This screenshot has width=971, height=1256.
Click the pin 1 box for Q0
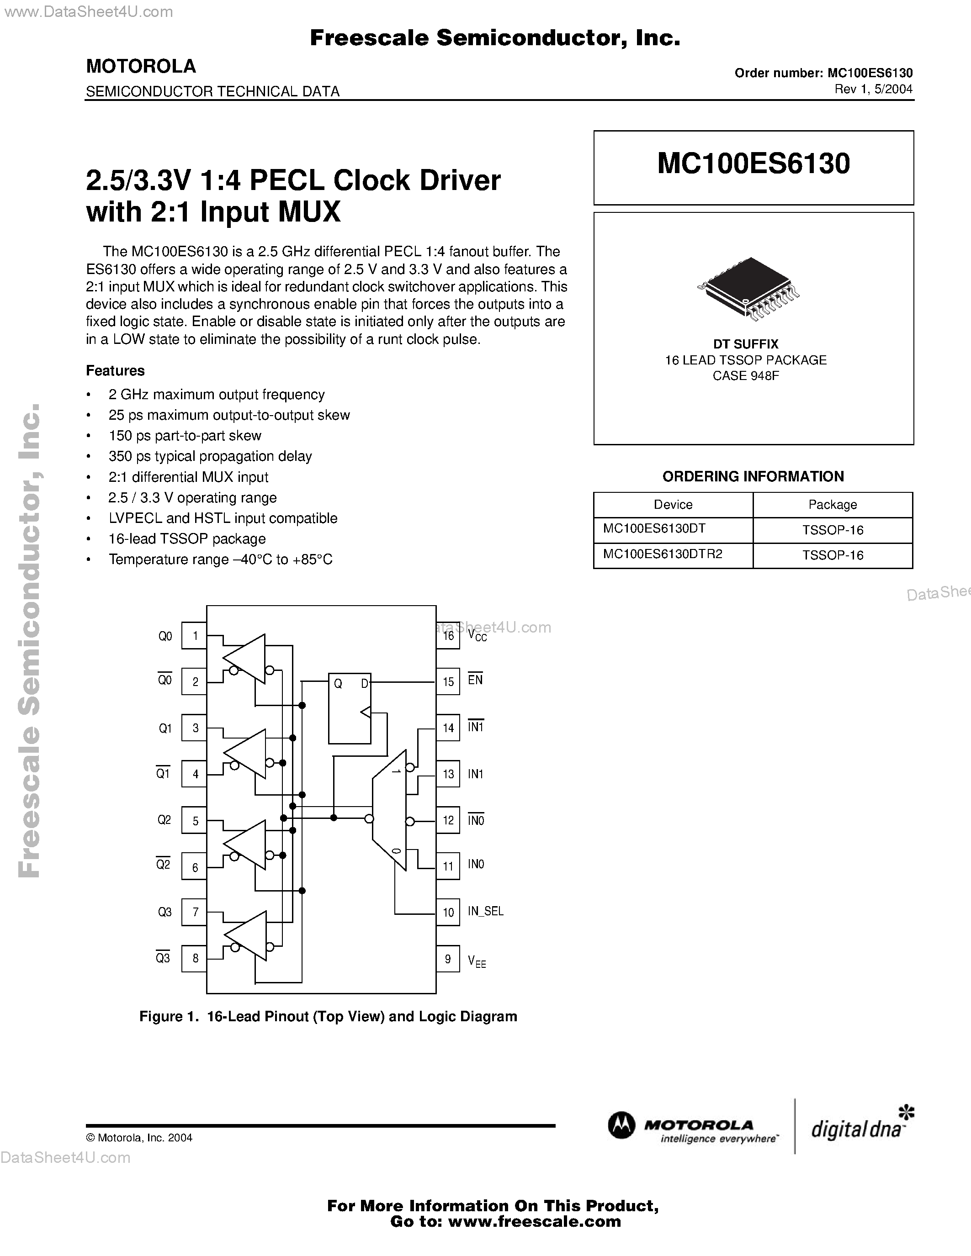[x=195, y=635]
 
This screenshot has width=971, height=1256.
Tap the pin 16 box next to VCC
[x=447, y=635]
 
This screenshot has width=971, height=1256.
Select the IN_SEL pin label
[x=485, y=912]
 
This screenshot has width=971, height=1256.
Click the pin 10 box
[x=447, y=912]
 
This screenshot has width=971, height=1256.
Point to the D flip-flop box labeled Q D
[x=350, y=708]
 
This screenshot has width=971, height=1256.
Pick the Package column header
[x=833, y=504]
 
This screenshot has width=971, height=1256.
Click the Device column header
[x=673, y=504]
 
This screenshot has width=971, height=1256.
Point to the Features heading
[x=115, y=370]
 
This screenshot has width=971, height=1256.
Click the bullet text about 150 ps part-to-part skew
[x=185, y=435]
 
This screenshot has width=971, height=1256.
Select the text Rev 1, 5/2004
[x=873, y=89]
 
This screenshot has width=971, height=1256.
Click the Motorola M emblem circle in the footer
[x=621, y=1126]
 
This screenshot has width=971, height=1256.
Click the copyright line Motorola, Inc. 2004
[x=139, y=1138]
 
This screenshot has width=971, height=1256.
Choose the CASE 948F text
[x=746, y=375]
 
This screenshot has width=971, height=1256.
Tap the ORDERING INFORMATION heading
[x=753, y=476]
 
